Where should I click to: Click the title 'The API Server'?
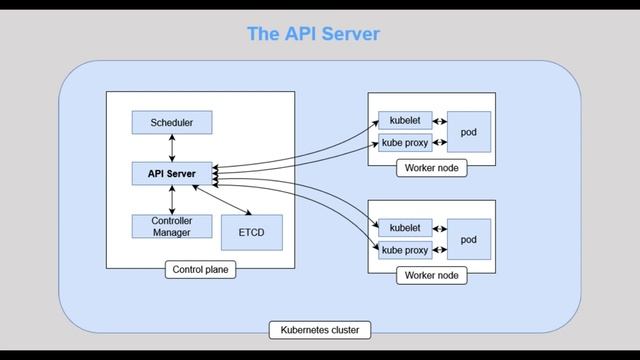tap(313, 34)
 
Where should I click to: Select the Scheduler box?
tap(171, 123)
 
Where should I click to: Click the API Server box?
tap(171, 173)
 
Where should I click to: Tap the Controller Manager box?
tap(171, 226)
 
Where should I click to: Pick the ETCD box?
tap(251, 232)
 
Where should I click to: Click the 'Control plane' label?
tap(201, 269)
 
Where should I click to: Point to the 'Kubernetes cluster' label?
tap(319, 329)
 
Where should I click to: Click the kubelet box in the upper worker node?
tap(404, 120)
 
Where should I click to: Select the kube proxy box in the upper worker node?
tap(404, 143)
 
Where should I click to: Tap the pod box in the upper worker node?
tap(468, 132)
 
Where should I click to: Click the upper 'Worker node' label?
tap(431, 168)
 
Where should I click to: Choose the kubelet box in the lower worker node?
tap(404, 227)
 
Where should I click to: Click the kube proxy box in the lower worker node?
tap(404, 250)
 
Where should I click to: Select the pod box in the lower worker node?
tap(468, 239)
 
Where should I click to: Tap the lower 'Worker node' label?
tap(431, 275)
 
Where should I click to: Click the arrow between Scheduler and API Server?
tap(171, 148)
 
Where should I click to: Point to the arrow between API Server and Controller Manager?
tap(171, 199)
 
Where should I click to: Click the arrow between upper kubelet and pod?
tap(439, 120)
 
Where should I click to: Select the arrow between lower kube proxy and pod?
tap(439, 250)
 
